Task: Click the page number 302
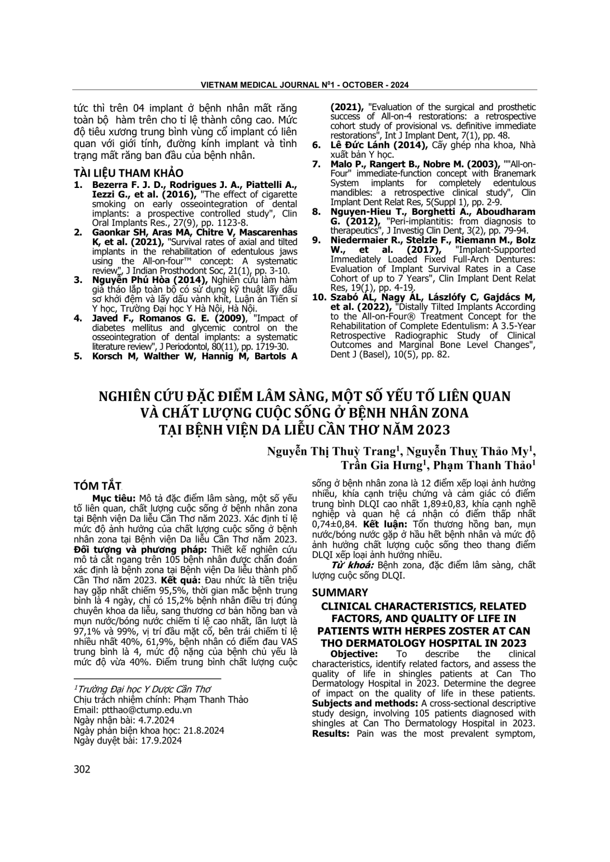(x=82, y=769)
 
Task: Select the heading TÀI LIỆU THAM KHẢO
(x=129, y=173)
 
